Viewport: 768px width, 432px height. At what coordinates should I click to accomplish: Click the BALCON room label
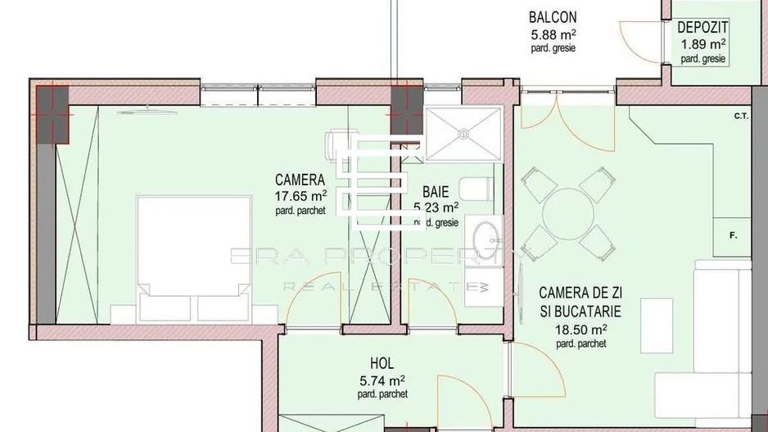pos(553,17)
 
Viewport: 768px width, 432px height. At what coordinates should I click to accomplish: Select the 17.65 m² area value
pos(301,196)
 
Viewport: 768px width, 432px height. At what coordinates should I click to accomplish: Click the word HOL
pos(382,363)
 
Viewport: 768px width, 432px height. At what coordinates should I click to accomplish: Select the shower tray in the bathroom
pos(463,134)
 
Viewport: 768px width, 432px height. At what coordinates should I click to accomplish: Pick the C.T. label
pos(742,116)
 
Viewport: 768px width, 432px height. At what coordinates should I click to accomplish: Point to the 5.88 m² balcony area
pos(553,34)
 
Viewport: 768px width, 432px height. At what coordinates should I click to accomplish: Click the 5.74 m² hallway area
pos(382,380)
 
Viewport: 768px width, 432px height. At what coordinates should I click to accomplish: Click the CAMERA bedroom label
pos(300,180)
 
